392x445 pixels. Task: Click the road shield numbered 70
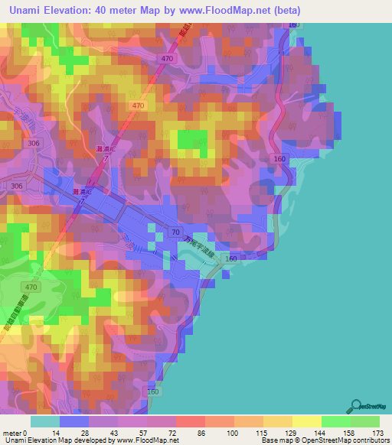click(x=176, y=231)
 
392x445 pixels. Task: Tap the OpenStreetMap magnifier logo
click(x=358, y=405)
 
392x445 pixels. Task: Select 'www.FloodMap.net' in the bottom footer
click(x=149, y=440)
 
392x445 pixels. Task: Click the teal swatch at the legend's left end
click(x=45, y=422)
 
